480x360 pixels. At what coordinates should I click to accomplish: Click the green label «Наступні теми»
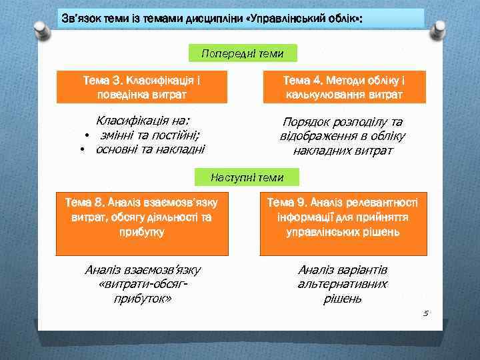point(247,177)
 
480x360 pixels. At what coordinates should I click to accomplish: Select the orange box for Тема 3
point(141,87)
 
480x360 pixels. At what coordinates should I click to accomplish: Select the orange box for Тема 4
point(343,87)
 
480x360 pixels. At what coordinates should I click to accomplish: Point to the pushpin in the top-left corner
point(39,28)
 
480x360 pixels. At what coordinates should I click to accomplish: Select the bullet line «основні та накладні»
point(150,149)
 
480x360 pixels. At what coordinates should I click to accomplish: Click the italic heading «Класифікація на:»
point(143,121)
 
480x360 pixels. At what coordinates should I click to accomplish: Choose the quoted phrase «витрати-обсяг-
point(142,285)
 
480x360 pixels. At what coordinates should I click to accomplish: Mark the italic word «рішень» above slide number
point(343,299)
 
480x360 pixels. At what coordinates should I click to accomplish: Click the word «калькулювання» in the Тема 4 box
point(319,95)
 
